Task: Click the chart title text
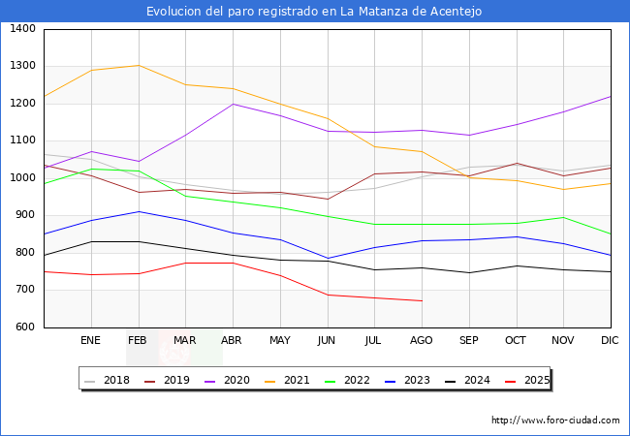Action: (x=314, y=12)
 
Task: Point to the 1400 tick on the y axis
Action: (x=23, y=29)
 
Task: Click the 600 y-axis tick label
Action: (x=25, y=327)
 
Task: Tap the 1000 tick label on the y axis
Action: (x=23, y=178)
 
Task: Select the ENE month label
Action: (x=90, y=341)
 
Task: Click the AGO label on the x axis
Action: (x=422, y=341)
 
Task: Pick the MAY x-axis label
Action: (x=280, y=341)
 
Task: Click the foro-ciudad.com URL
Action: (x=555, y=420)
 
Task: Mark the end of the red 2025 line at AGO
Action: (x=422, y=300)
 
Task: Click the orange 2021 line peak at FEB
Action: (x=139, y=66)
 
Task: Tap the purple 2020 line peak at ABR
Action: (x=233, y=104)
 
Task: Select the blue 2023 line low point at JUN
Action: (x=328, y=259)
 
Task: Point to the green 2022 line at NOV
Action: (x=563, y=217)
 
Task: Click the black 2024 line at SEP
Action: (x=469, y=272)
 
